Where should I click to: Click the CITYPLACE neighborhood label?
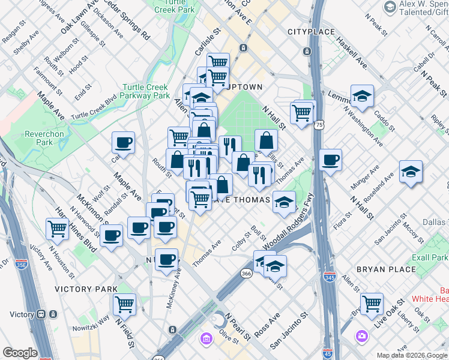click(x=309, y=31)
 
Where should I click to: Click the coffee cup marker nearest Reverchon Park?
click(x=123, y=143)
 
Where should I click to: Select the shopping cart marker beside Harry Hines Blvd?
click(x=57, y=228)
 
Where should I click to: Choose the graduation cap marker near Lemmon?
click(x=362, y=95)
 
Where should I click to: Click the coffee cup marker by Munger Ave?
click(x=330, y=160)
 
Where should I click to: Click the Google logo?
click(x=20, y=353)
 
